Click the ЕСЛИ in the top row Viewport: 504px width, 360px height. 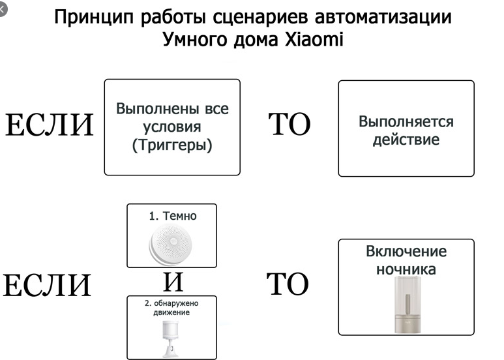(50, 126)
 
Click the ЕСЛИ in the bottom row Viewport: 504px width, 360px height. (48, 286)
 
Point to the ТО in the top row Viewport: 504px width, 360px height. (289, 125)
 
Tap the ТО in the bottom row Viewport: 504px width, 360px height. (287, 285)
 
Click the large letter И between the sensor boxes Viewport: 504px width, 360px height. (172, 282)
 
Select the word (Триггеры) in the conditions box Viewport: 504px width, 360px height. (172, 145)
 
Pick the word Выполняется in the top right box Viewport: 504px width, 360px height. (406, 123)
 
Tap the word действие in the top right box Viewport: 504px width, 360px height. (406, 140)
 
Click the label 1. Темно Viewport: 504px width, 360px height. (172, 215)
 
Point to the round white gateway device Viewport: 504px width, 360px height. (170, 246)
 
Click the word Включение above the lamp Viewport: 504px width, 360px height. (406, 252)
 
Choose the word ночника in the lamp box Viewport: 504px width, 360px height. (406, 269)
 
